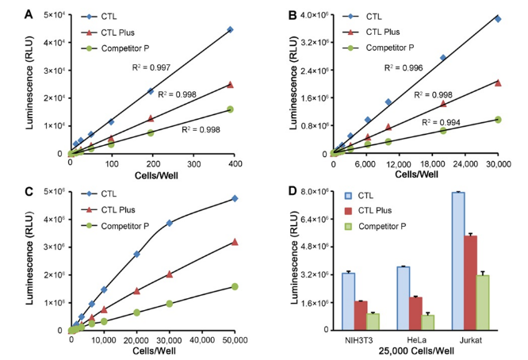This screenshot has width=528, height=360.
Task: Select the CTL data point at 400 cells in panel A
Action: [x=230, y=29]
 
